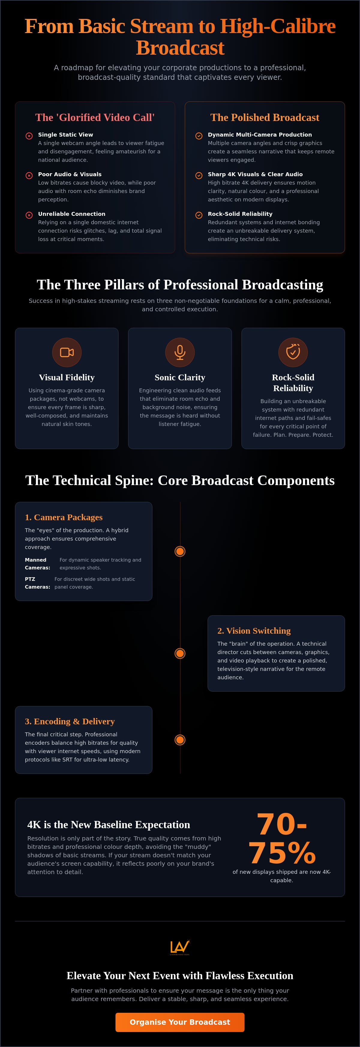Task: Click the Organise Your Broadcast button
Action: tap(180, 1022)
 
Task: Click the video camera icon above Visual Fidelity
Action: tap(67, 352)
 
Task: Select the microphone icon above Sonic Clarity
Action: tap(180, 352)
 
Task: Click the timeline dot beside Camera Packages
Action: tap(180, 551)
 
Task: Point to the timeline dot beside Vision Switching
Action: tap(180, 653)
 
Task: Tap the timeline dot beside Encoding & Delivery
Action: tap(180, 740)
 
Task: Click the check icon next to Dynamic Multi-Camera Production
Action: tap(199, 136)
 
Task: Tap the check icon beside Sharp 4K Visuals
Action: tap(199, 176)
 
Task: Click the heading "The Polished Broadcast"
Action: tap(265, 117)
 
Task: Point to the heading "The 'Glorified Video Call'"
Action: tap(95, 117)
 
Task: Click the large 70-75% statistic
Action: tap(282, 838)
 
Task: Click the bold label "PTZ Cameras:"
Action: tap(37, 583)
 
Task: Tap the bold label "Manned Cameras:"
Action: tap(37, 564)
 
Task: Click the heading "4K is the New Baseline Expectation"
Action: tap(109, 824)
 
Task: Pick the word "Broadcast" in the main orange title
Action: tap(180, 48)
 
